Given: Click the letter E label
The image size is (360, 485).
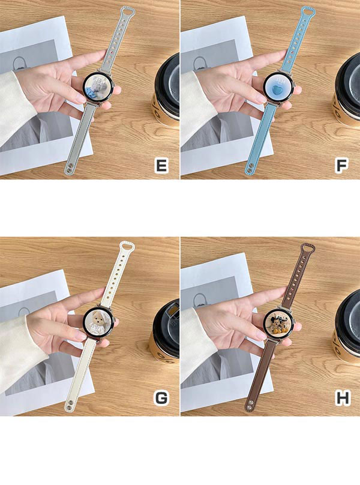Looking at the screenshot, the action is tap(162, 165).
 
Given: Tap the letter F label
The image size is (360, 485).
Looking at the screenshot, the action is tap(342, 165).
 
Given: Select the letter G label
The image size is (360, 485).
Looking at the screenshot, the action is tap(161, 398).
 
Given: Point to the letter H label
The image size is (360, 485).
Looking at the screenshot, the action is tap(343, 398).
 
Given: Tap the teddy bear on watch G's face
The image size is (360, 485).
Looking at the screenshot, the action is tap(98, 324).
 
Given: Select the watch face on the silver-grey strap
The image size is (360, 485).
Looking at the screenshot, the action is tap(98, 88).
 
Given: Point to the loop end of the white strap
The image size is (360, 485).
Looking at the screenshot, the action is tap(127, 247).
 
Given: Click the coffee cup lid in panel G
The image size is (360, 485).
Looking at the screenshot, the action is tap(167, 328).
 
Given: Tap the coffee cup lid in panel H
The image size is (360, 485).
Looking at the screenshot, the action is tap(347, 325).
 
